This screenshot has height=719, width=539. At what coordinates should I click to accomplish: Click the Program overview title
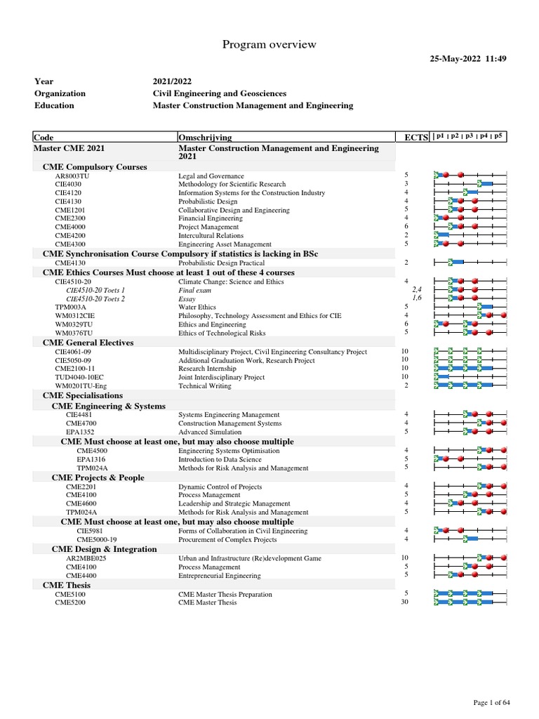269,45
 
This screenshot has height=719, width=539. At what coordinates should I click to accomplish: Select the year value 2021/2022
173,81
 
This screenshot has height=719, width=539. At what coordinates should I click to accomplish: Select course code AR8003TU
72,176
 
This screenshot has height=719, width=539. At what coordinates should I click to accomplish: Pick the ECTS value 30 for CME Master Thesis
404,602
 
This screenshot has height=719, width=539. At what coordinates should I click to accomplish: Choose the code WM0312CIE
74,316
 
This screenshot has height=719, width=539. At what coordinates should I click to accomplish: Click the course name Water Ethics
197,308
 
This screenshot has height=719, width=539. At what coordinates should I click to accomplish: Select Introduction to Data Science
220,459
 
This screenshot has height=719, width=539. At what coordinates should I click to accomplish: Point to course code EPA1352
80,432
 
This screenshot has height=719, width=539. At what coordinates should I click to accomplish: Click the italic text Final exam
194,290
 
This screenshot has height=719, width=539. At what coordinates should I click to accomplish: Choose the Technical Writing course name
204,385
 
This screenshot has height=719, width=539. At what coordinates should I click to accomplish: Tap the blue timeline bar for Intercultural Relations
441,235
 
